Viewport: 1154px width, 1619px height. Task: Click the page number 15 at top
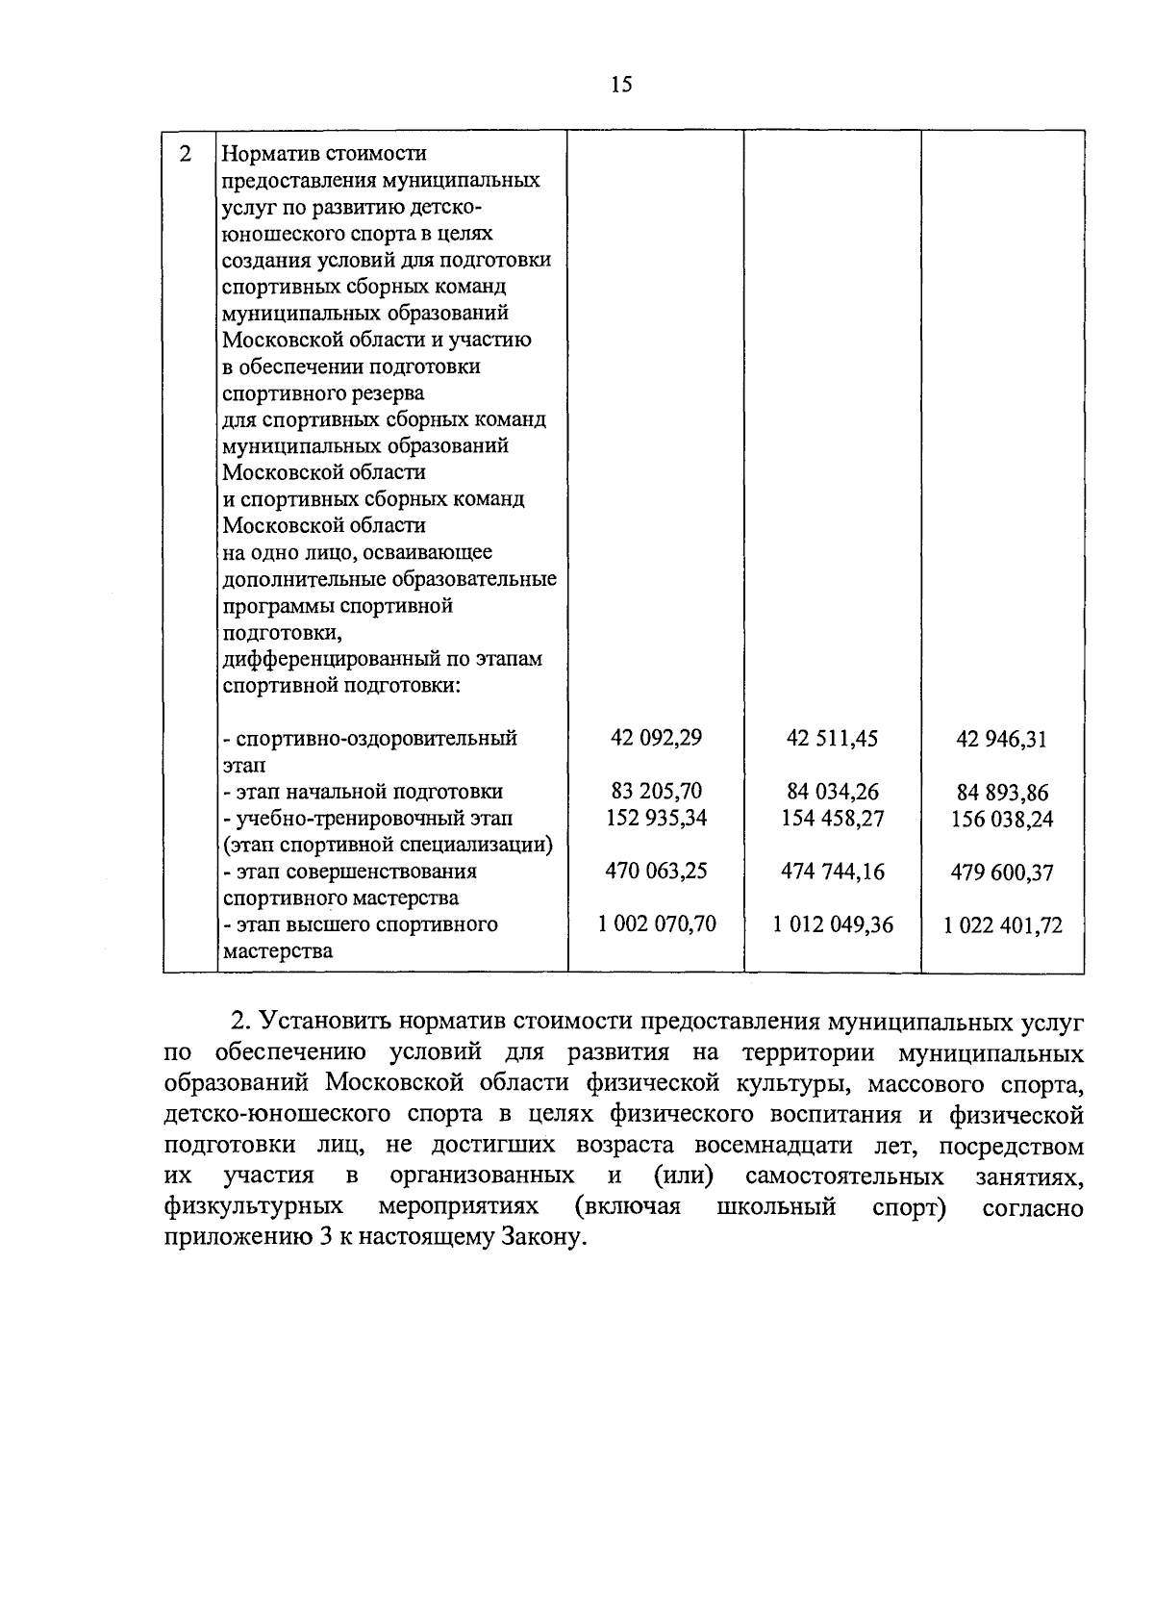[x=621, y=85]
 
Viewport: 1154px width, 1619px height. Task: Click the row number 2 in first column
[x=187, y=154]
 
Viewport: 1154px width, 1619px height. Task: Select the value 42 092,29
[x=657, y=738]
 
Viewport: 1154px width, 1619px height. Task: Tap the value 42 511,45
[x=832, y=739]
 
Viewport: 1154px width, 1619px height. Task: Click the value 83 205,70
[x=657, y=792]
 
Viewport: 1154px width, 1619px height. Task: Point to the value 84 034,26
[x=832, y=793]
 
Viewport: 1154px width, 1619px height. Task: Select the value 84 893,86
[x=1002, y=794]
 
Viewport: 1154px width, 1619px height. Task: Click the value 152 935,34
[x=657, y=818]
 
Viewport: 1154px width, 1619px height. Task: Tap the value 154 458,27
[x=833, y=819]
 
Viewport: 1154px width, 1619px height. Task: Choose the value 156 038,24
[x=1002, y=820]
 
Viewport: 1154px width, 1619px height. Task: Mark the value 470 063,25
[x=656, y=871]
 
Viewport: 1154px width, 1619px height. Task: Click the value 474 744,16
[x=833, y=872]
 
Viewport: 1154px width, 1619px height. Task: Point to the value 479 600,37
[x=1002, y=873]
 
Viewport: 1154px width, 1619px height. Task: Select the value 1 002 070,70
[x=657, y=924]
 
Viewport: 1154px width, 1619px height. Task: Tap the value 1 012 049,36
[x=833, y=925]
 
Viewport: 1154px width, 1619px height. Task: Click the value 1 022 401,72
[x=1003, y=926]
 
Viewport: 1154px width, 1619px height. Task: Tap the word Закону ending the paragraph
[x=541, y=1238]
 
